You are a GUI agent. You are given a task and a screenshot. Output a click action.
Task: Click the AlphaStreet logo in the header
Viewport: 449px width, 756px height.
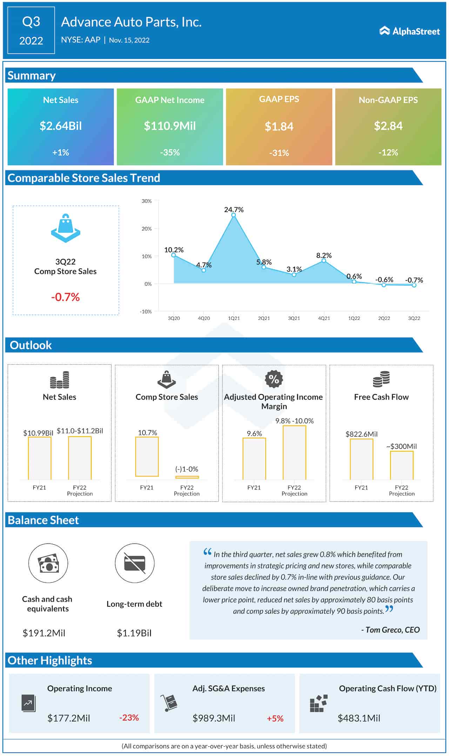409,31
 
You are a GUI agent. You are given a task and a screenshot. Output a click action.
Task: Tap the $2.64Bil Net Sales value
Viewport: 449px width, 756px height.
61,126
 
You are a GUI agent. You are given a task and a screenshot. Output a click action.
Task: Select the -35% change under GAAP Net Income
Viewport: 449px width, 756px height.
170,153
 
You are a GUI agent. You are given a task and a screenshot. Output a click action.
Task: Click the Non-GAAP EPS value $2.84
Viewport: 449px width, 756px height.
388,126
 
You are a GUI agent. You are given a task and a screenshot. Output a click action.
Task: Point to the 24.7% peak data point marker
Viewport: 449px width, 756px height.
234,215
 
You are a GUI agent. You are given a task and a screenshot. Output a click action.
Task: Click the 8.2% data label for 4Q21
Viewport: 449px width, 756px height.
324,255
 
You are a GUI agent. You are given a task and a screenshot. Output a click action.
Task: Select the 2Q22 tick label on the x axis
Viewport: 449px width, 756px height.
384,318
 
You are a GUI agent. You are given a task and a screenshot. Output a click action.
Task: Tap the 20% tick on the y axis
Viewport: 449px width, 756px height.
147,229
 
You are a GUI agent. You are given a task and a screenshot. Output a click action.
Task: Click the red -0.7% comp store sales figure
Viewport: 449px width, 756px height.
66,297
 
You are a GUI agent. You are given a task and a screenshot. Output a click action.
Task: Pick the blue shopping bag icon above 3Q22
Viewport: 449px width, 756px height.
66,228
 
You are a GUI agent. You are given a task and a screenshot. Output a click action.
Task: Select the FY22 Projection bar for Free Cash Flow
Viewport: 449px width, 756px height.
402,465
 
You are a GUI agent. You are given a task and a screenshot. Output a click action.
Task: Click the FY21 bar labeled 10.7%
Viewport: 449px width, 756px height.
147,457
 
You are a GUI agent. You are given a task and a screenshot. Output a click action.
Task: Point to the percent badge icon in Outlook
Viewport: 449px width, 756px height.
274,379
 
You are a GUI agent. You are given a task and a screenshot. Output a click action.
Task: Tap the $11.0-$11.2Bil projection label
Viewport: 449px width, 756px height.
80,431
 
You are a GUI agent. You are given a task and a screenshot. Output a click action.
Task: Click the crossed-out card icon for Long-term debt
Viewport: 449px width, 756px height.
135,563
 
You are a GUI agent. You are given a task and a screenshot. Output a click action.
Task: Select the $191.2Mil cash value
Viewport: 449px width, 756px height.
44,633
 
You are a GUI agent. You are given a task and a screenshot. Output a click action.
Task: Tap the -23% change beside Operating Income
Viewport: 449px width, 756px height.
129,718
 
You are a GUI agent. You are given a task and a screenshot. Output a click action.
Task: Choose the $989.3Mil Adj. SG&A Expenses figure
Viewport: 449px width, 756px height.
214,718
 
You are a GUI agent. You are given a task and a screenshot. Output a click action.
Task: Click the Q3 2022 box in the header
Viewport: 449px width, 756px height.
31,31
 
